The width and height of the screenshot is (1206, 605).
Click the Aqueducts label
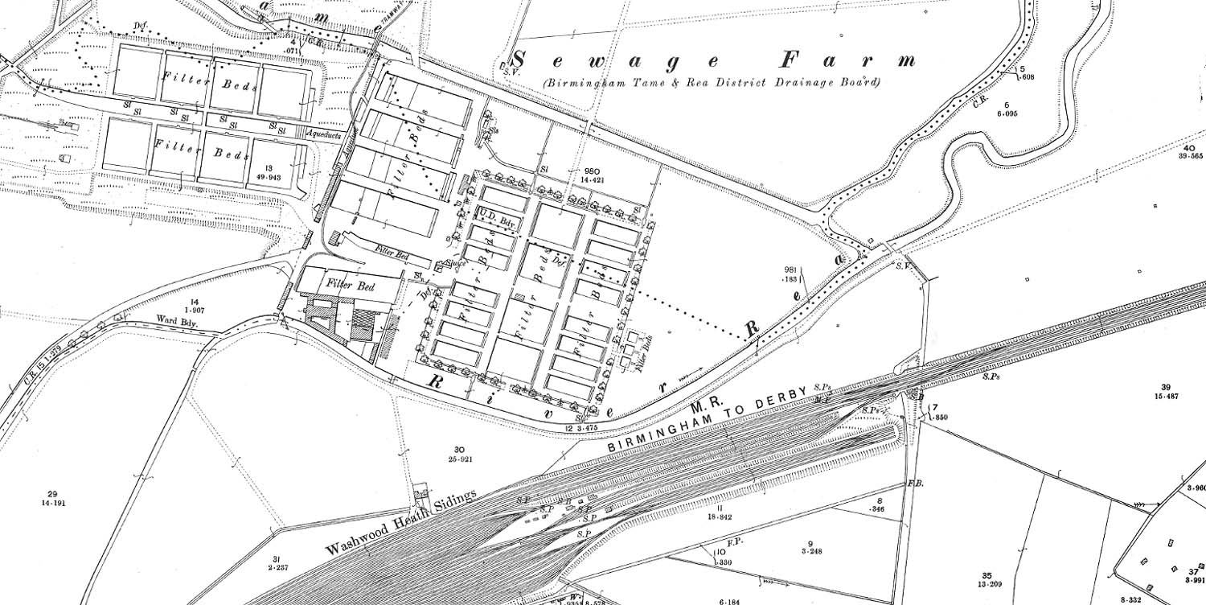click(x=324, y=136)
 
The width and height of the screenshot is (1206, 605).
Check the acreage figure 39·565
click(x=1188, y=156)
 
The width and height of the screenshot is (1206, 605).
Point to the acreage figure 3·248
click(x=810, y=552)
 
